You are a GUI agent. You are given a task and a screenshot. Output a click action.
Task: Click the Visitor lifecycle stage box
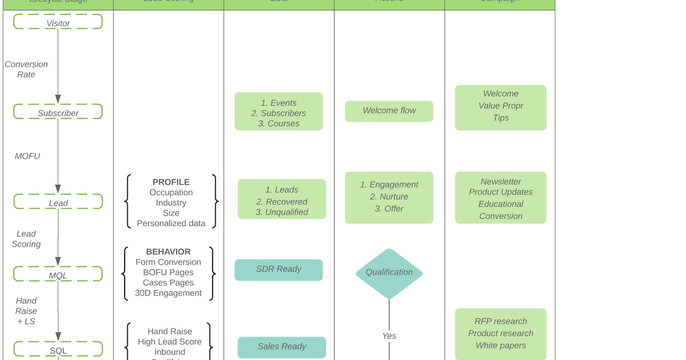[x=58, y=22]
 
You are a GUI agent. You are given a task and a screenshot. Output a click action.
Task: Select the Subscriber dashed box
[x=58, y=112]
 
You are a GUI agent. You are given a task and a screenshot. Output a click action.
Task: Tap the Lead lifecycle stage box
[x=58, y=202]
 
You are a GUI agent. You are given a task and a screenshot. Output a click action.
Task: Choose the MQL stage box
[x=58, y=274]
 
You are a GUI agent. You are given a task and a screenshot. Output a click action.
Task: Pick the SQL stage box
[x=58, y=349]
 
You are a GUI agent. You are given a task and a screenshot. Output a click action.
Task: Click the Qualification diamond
[x=389, y=273]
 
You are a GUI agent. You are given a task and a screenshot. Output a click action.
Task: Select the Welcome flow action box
[x=389, y=111]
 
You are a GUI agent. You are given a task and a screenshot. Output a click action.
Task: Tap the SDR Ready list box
[x=278, y=270]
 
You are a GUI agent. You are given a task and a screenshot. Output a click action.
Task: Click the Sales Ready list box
[x=281, y=347]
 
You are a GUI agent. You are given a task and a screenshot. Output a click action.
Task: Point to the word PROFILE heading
[x=171, y=182]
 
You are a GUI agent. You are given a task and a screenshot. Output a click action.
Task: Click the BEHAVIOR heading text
[x=168, y=251]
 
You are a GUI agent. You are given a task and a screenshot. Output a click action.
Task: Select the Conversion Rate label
[x=26, y=69]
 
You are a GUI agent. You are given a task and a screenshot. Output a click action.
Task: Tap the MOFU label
[x=27, y=156]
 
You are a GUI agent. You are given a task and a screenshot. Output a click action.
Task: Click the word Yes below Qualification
[x=389, y=336]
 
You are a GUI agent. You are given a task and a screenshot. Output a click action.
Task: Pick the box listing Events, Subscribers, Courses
[x=278, y=112]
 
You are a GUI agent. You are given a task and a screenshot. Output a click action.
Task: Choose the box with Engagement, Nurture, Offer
[x=389, y=197]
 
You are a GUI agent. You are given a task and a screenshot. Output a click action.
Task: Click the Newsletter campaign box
[x=500, y=198]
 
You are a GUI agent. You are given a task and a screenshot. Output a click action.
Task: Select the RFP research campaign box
[x=500, y=334]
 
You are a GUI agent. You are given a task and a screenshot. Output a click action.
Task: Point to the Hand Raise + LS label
[x=26, y=311]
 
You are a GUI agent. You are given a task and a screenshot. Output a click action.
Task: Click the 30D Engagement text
[x=168, y=293]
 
